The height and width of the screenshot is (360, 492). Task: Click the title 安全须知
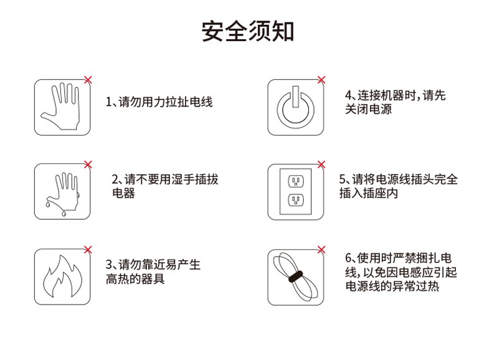248,31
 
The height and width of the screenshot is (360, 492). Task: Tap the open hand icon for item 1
62,107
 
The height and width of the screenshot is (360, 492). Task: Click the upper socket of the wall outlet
296,181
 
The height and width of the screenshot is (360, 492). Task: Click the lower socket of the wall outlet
296,199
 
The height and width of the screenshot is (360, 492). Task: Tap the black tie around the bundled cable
296,277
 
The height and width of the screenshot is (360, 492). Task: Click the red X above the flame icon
88,250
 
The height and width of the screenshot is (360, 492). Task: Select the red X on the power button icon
321,80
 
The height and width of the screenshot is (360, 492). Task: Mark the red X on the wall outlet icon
321,164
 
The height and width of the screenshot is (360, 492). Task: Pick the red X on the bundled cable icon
321,250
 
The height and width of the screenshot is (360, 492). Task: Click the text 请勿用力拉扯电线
166,102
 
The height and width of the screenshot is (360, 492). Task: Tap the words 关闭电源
368,109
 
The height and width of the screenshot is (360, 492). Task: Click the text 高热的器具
135,278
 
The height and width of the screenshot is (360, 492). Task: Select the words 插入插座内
368,193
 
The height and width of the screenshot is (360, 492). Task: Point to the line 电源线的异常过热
392,287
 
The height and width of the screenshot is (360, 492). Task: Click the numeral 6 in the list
348,258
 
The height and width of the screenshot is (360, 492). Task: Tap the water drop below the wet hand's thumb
48,204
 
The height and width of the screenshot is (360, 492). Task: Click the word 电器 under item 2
124,193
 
